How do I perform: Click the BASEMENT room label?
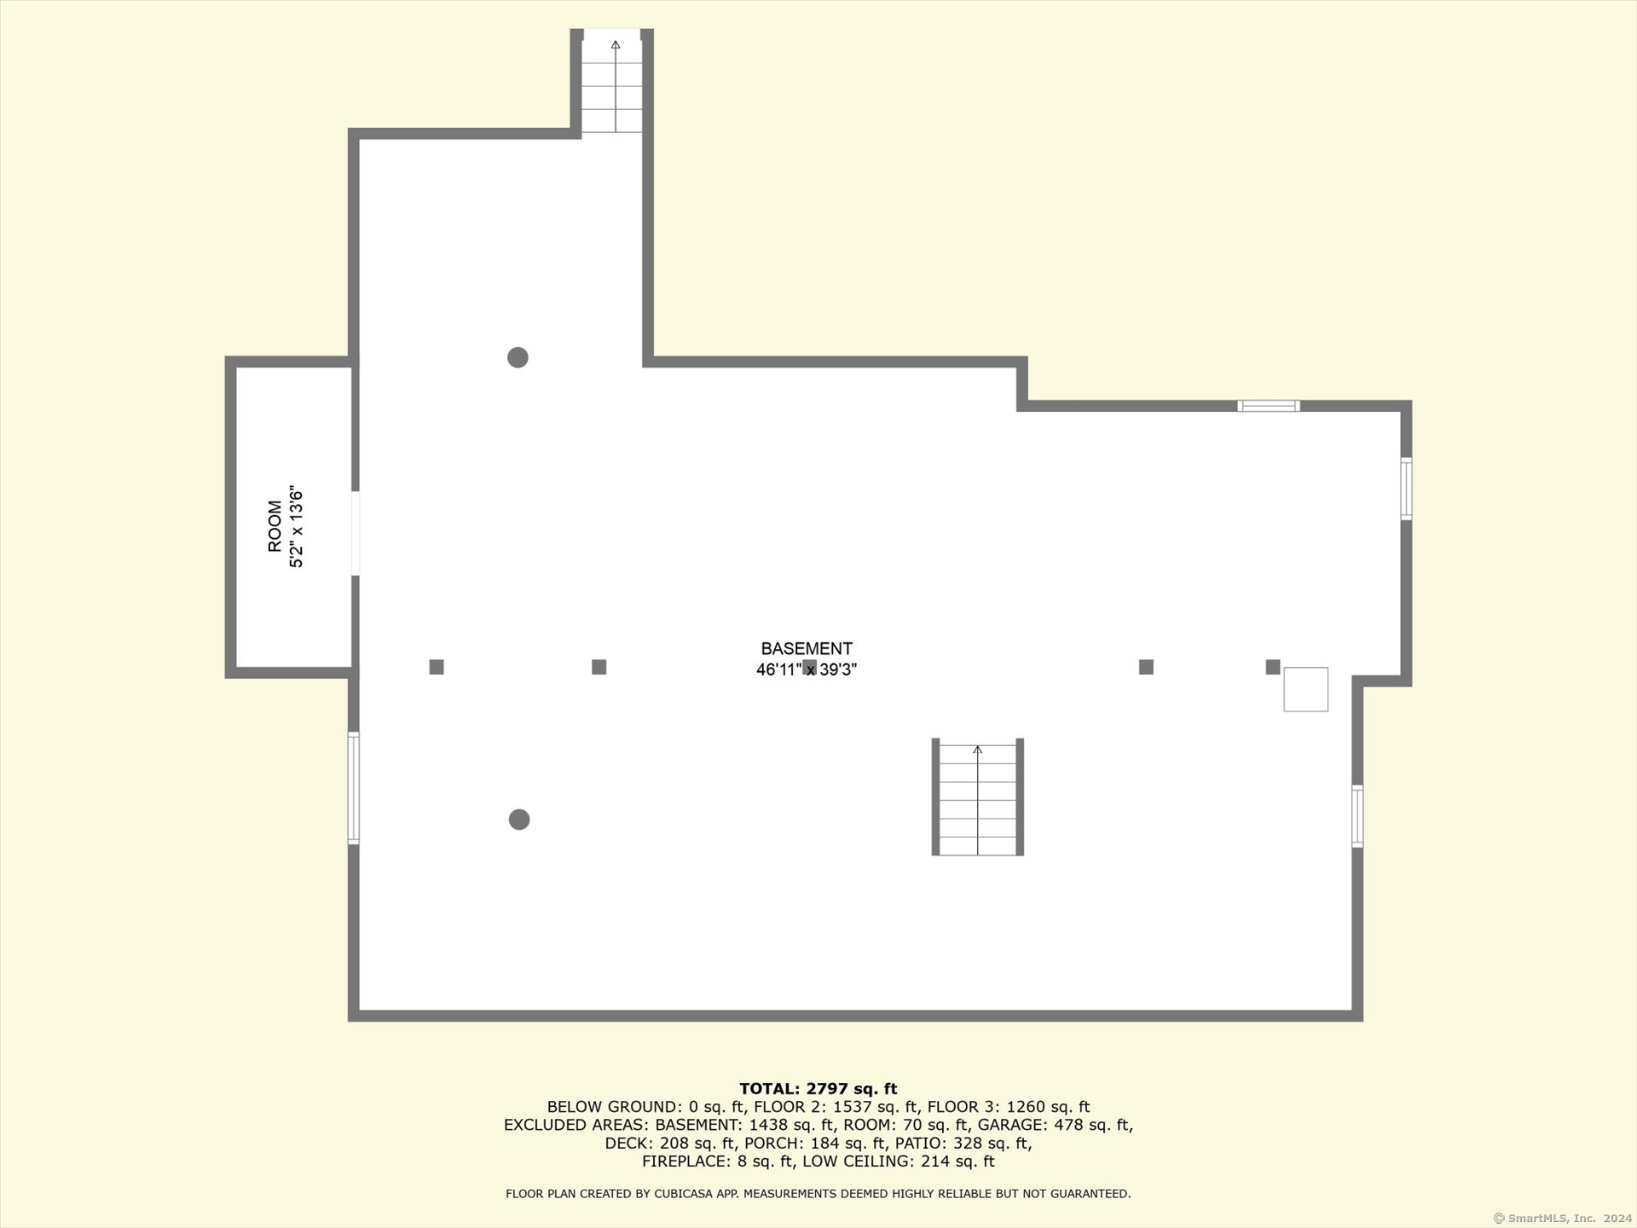(x=807, y=649)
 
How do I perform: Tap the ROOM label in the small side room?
(x=275, y=526)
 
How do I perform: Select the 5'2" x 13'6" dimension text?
(x=296, y=527)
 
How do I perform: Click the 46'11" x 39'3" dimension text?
(x=807, y=669)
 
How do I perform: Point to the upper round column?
(x=518, y=357)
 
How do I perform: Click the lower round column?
(x=519, y=820)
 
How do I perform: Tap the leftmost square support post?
(x=437, y=667)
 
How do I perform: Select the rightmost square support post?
(x=1273, y=667)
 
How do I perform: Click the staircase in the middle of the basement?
(x=978, y=797)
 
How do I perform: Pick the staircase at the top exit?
(x=612, y=82)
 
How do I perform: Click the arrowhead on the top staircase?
(x=616, y=43)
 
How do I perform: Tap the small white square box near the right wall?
(x=1306, y=689)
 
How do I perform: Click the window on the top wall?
(x=1269, y=406)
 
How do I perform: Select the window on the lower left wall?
(x=354, y=788)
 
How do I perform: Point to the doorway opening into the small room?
(x=356, y=534)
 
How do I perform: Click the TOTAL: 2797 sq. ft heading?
(x=818, y=1089)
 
